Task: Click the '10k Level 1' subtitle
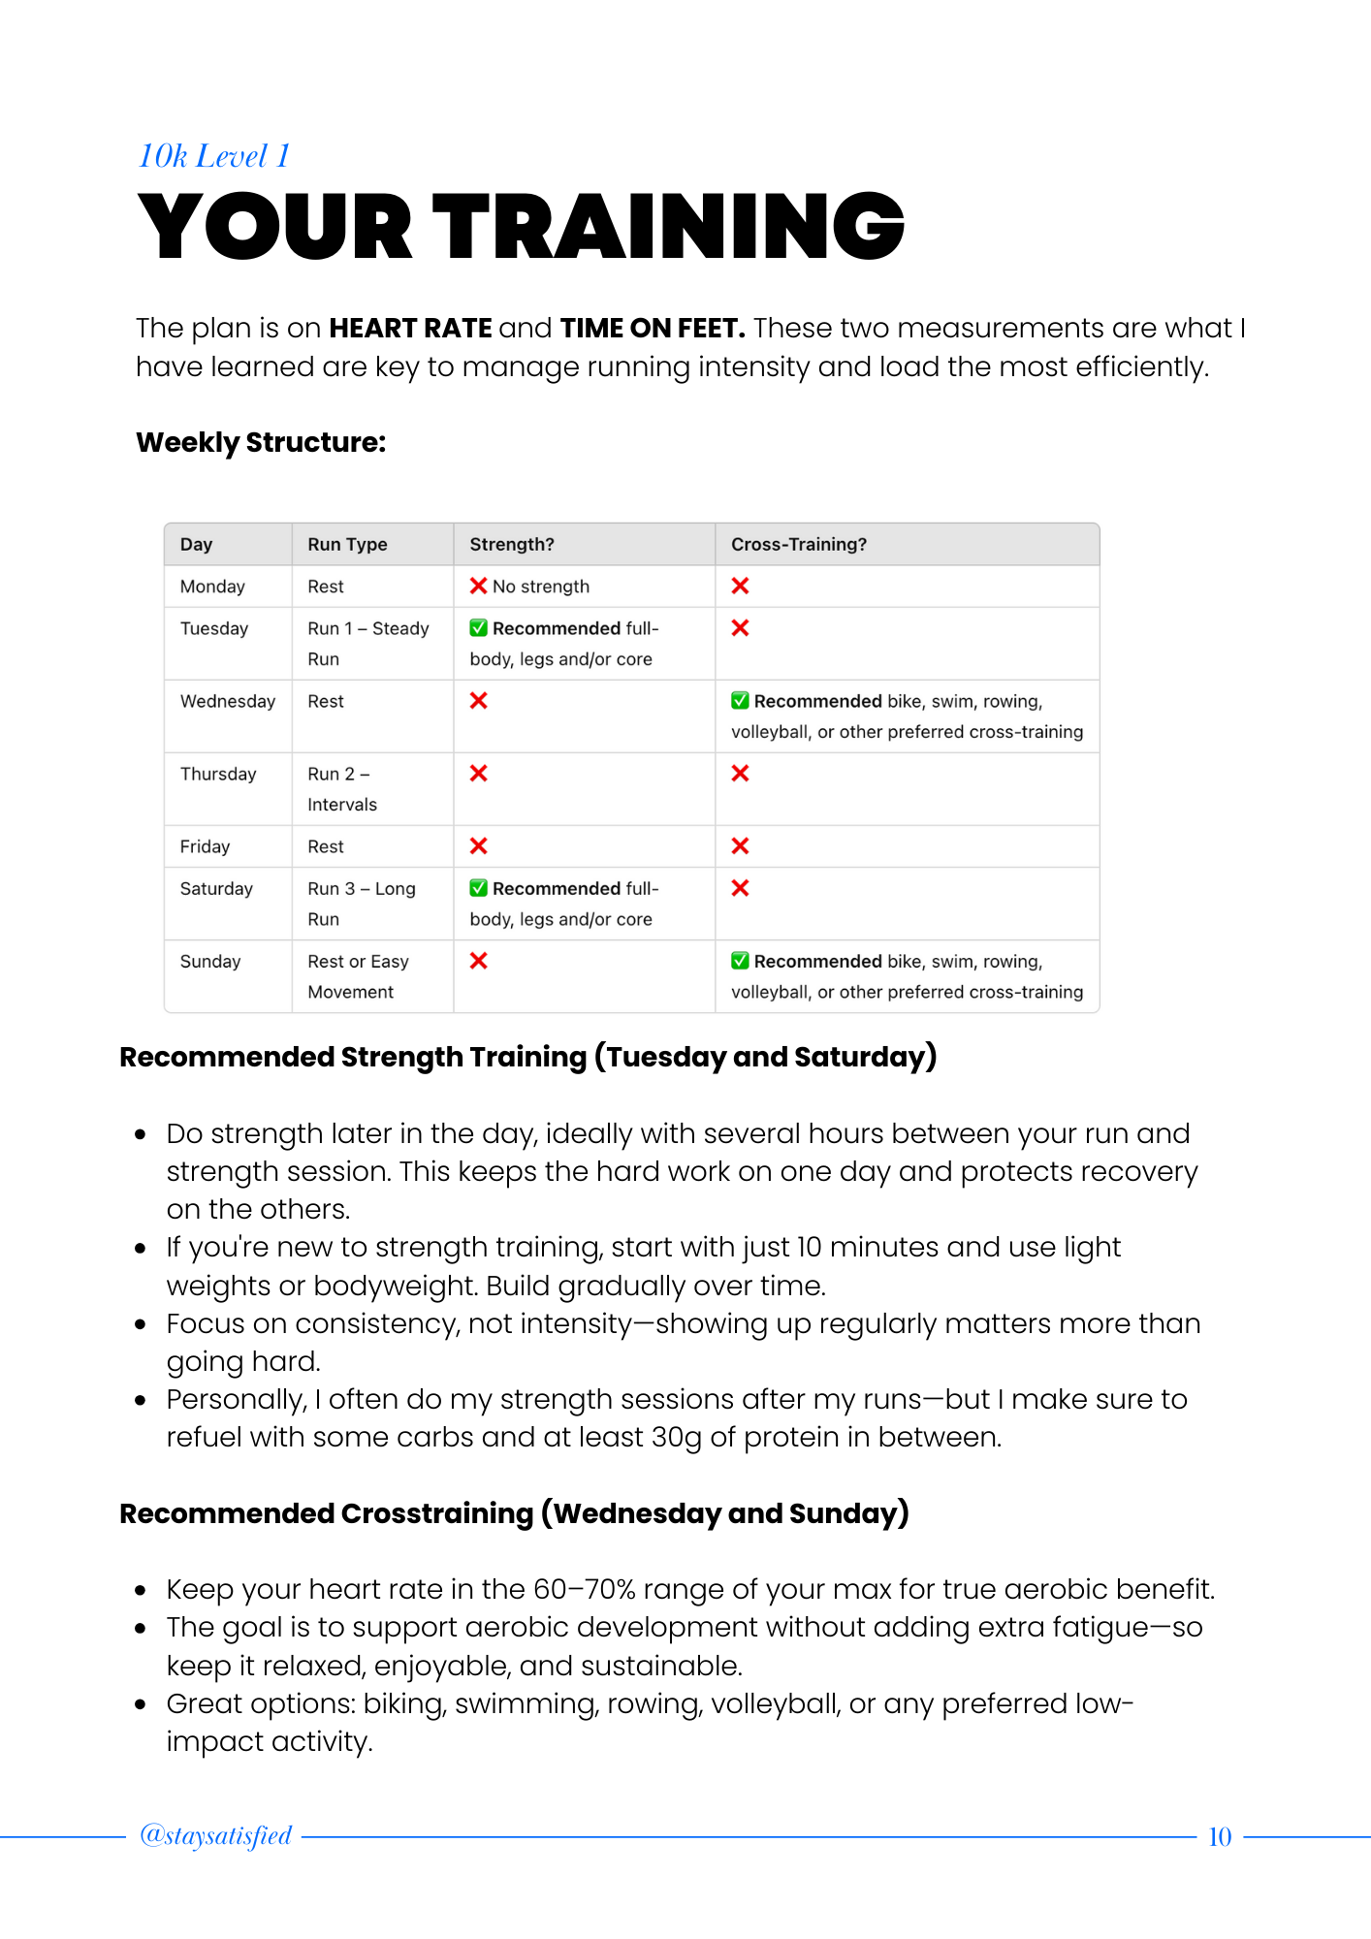[x=213, y=156]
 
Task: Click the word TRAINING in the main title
[x=668, y=227]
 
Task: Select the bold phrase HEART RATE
[x=410, y=329]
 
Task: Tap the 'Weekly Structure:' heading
[x=261, y=443]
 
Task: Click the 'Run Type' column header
[x=347, y=545]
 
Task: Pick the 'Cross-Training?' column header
[x=798, y=545]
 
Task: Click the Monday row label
[x=212, y=587]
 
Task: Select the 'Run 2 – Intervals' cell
[x=341, y=789]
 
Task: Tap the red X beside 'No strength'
[x=479, y=586]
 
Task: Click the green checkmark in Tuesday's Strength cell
[x=479, y=628]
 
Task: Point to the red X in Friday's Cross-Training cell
[x=740, y=846]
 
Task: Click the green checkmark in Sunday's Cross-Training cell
[x=740, y=961]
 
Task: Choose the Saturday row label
[x=216, y=889]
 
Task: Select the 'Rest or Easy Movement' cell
[x=357, y=976]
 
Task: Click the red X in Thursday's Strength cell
[x=479, y=774]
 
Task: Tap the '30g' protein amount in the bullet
[x=676, y=1437]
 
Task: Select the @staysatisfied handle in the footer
[x=215, y=1835]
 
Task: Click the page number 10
[x=1220, y=1837]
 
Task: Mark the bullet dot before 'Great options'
[x=142, y=1704]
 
